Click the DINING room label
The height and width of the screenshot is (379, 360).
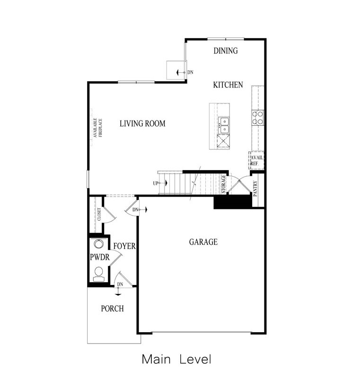tap(225, 51)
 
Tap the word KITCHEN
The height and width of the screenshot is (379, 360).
tap(228, 85)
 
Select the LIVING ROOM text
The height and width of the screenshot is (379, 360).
tap(142, 124)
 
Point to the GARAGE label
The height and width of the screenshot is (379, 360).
tap(203, 242)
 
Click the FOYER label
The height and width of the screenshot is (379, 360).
tap(124, 246)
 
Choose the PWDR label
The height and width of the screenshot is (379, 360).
tap(99, 258)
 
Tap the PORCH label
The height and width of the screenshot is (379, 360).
tap(112, 309)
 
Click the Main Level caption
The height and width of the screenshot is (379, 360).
tap(176, 359)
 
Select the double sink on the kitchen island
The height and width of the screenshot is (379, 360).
tap(223, 125)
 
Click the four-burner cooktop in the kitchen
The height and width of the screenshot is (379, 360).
tap(257, 117)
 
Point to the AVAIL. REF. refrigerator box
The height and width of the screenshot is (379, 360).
tap(256, 161)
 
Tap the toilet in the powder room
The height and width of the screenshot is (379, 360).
tap(98, 273)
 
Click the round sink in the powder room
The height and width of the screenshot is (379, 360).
tap(98, 244)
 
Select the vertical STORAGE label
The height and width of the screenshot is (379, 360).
tap(224, 184)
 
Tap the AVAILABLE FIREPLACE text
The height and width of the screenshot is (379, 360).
tap(97, 128)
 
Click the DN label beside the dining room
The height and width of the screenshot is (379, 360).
tap(190, 72)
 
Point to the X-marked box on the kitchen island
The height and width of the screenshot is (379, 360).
tap(223, 141)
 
